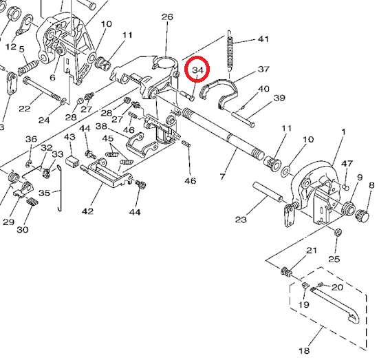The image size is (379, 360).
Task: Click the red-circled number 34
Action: tap(197, 70)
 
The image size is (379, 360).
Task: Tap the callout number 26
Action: tap(167, 17)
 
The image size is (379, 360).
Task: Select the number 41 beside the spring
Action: tap(263, 39)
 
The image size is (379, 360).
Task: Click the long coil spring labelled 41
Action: tap(230, 52)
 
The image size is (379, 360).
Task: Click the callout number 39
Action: tap(279, 98)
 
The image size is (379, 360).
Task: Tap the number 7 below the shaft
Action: tap(223, 176)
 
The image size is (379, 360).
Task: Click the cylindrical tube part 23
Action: tap(268, 192)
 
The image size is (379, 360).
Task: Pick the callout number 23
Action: tap(241, 220)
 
